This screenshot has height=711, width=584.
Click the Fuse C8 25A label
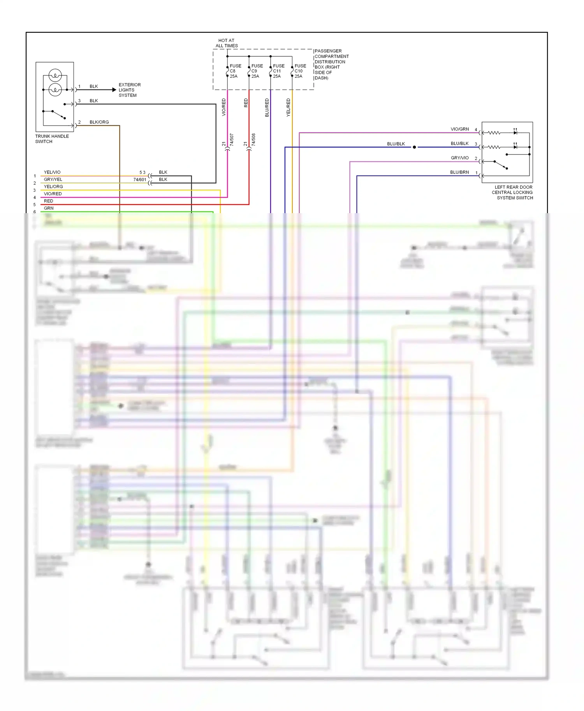[235, 71]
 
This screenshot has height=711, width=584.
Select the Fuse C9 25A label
[257, 71]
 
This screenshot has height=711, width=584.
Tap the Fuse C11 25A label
[278, 71]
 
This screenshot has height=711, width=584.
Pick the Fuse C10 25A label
[300, 71]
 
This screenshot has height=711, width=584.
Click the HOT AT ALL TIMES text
[227, 43]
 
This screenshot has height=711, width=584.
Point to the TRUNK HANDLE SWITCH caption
[52, 139]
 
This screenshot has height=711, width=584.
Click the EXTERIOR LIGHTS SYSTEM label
[129, 90]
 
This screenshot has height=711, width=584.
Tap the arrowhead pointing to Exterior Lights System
[114, 90]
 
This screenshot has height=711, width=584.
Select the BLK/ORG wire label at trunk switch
[99, 122]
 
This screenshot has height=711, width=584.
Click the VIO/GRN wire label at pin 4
[459, 129]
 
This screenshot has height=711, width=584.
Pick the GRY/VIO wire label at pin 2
[459, 158]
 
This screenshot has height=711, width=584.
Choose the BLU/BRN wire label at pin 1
[459, 172]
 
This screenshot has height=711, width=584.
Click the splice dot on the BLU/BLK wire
[414, 147]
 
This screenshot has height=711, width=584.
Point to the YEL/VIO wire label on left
[52, 172]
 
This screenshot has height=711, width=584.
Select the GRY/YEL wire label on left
[53, 179]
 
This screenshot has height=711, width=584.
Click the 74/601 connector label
[139, 180]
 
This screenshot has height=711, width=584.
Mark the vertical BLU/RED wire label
[267, 107]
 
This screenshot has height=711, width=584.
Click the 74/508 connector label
[253, 140]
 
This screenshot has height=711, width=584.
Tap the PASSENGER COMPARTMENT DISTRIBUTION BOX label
[331, 65]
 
